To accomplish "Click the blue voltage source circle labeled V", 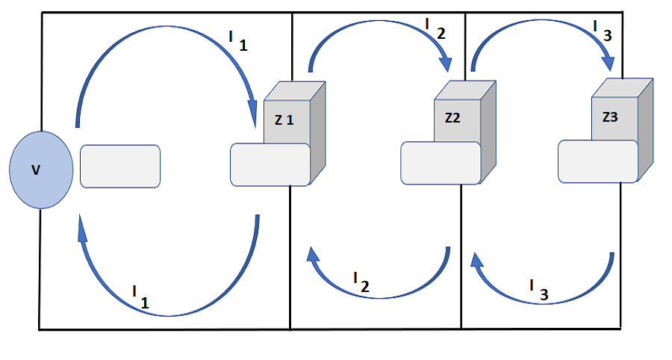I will pyautogui.click(x=41, y=170).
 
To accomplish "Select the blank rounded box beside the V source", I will pyautogui.click(x=119, y=166).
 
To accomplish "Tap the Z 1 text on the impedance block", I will pyautogui.click(x=283, y=120).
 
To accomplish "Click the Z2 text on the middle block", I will pyautogui.click(x=453, y=118).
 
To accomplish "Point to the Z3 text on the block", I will pyautogui.click(x=610, y=117).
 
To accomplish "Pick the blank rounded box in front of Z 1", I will pyautogui.click(x=270, y=164).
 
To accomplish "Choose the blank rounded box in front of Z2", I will pyautogui.click(x=441, y=163).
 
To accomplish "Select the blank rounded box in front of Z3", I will pyautogui.click(x=598, y=161).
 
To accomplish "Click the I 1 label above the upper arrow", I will pyautogui.click(x=237, y=39).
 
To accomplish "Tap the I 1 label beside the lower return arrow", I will pyautogui.click(x=140, y=297).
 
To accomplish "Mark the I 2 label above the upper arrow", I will pyautogui.click(x=435, y=28).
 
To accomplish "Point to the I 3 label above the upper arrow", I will pyautogui.click(x=603, y=28).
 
